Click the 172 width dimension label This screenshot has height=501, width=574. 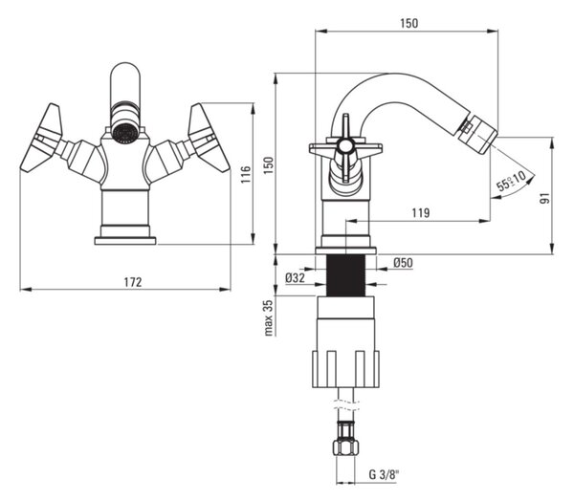(133, 282)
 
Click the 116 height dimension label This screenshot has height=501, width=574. (246, 174)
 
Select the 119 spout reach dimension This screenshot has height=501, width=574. (421, 212)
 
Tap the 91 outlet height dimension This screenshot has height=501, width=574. (546, 198)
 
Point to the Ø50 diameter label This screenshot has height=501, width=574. (404, 262)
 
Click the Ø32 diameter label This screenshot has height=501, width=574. (295, 278)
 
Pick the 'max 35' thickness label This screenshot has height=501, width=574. (268, 317)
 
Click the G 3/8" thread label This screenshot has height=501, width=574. (384, 474)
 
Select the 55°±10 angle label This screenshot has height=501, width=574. (511, 181)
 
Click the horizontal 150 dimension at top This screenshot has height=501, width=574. (408, 23)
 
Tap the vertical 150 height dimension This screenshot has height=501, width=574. (268, 165)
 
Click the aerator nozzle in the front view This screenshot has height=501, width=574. (125, 132)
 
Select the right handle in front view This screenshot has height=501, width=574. (209, 139)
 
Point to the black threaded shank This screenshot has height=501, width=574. (345, 275)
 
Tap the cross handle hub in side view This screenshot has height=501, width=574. (345, 146)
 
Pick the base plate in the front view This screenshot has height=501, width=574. (125, 241)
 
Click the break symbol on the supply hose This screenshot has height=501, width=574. (346, 405)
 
